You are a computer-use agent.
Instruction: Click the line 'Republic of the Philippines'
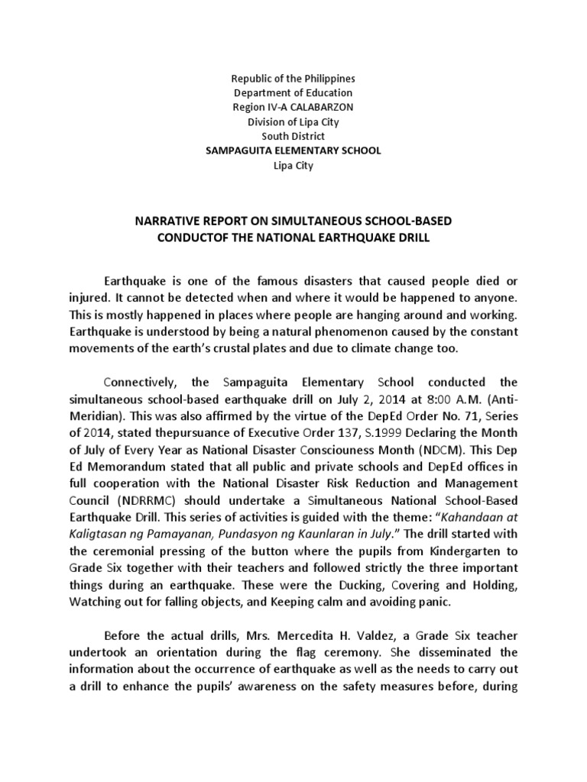click(x=293, y=79)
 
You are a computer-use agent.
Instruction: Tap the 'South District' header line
click(x=293, y=136)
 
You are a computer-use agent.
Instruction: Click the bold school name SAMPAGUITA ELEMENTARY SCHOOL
click(x=293, y=150)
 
